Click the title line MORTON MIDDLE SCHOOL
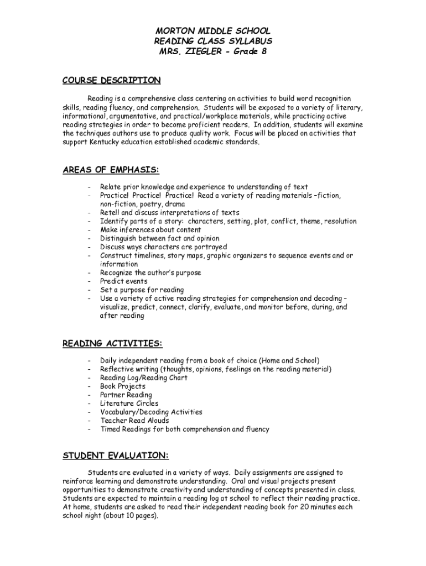tap(212, 31)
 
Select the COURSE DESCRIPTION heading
tap(111, 81)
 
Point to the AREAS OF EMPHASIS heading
tap(111, 170)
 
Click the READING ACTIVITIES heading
tap(112, 344)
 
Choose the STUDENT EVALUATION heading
tap(115, 455)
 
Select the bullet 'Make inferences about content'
tap(150, 230)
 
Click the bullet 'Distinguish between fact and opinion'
tap(160, 238)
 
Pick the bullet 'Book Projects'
tap(122, 386)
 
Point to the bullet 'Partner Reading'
tap(126, 395)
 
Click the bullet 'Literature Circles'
tap(129, 403)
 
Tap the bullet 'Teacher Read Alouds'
tap(134, 421)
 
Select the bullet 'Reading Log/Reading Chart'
tap(143, 378)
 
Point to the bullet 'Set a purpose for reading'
tap(142, 290)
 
